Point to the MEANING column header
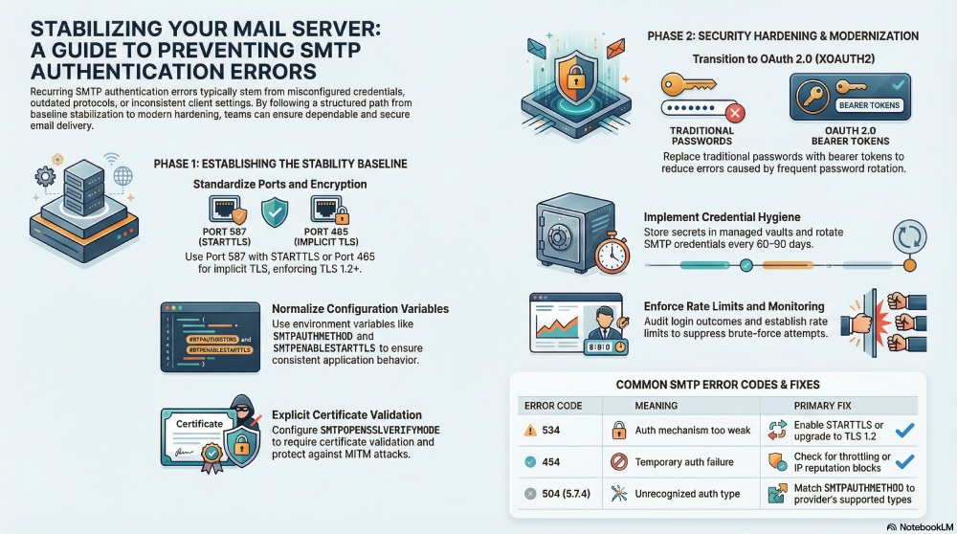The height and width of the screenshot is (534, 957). click(x=657, y=405)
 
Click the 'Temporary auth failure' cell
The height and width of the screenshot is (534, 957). click(x=683, y=462)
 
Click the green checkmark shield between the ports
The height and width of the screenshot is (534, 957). click(x=277, y=211)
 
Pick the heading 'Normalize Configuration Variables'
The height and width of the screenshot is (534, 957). click(x=361, y=309)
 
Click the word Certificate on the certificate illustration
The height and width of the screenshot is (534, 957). click(x=199, y=423)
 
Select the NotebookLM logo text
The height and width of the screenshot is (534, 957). click(x=920, y=525)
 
